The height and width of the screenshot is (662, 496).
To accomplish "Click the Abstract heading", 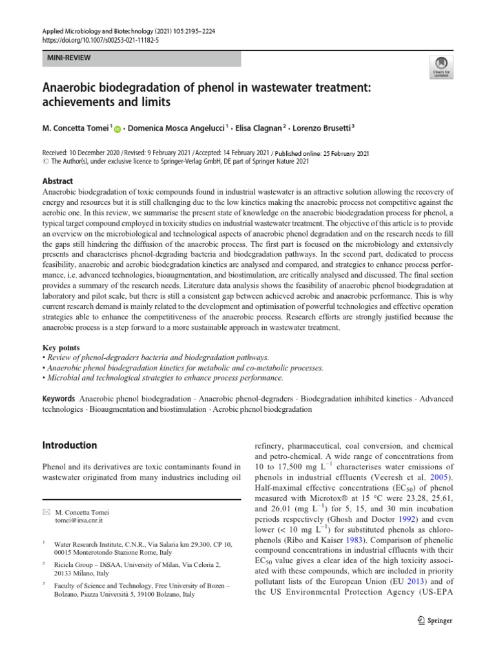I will tap(57, 182).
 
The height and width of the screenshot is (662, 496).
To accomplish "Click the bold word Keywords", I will tap(59, 399).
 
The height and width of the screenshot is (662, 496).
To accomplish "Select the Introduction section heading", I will tap(69, 445).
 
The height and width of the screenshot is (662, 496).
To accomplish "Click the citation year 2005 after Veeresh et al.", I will tap(442, 476).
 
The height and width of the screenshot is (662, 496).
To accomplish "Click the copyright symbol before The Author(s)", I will tap(45, 162).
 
